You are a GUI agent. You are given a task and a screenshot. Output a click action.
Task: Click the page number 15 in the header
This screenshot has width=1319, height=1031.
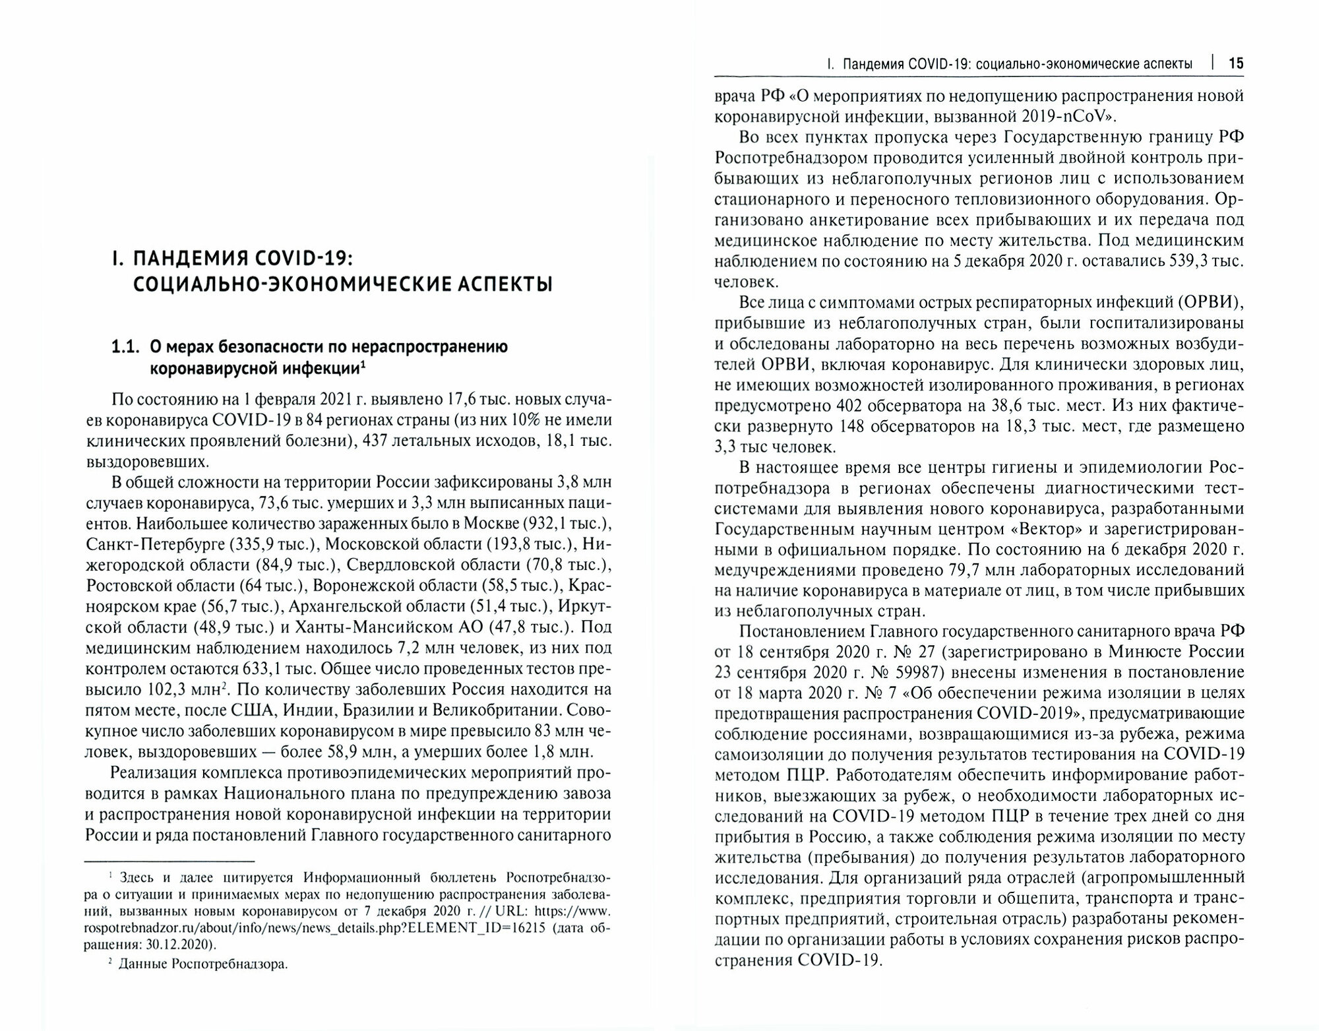[1235, 64]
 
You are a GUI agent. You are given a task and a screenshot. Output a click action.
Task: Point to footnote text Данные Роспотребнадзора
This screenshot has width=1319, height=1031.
[203, 964]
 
